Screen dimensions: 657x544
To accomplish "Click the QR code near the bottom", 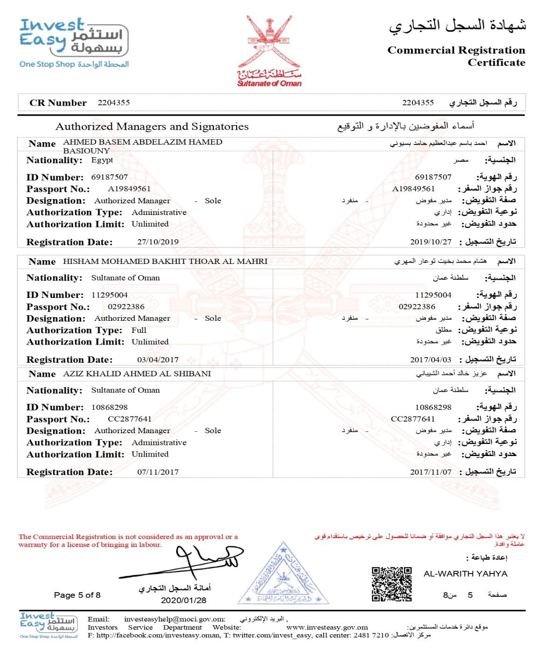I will coord(391,583).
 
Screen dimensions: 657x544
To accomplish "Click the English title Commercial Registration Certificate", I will coord(456,56).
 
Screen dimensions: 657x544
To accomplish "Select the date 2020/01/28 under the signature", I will coord(183,600).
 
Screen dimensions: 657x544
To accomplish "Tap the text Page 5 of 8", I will coord(77,595).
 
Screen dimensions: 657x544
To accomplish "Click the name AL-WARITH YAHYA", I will coord(465,574).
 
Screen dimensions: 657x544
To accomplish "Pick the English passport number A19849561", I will coord(129,189).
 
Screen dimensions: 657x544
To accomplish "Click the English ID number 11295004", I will coord(109,295).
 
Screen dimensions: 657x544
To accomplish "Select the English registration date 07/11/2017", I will coord(158,472).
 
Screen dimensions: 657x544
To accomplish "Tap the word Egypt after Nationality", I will coord(102,160).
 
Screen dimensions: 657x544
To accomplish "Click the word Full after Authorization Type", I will coord(139,330).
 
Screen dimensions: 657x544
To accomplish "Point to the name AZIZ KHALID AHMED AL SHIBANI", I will coord(137,374).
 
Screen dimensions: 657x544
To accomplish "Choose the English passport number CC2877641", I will coord(130,419).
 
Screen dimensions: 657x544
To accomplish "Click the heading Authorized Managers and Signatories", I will coord(152,126).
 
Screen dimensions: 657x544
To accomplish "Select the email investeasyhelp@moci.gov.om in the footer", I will coord(174,619).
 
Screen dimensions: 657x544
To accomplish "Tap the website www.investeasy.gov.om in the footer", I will coord(327,627).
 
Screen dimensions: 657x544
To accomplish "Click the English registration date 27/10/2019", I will coord(158,242).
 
